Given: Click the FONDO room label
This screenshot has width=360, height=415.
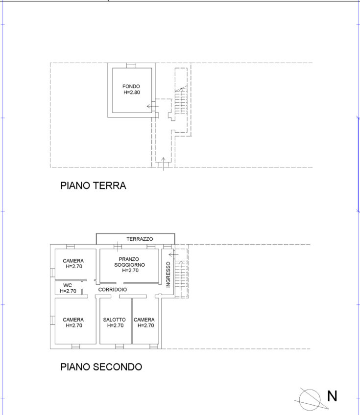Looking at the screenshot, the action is coord(131,86).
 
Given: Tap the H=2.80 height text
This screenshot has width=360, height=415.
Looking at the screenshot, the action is coord(132,92).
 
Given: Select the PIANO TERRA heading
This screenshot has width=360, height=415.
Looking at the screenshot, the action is coord(93,185).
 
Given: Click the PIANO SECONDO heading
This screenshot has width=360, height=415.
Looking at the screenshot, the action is coord(101,367).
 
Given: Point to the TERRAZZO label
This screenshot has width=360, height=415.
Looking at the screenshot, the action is coord(140,239).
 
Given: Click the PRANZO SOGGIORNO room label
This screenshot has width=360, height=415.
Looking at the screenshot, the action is coord(129,262).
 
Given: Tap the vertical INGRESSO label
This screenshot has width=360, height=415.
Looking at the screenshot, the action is coord(168,275).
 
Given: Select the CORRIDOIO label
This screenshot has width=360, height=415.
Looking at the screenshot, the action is coord(113,290).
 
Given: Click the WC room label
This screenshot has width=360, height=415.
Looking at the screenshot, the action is coord(68,285).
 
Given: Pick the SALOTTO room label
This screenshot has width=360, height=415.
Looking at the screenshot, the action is coord(115,320).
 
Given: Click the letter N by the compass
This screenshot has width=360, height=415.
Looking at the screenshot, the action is coord(332,396).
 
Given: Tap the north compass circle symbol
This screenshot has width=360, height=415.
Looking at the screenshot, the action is coord(310,400).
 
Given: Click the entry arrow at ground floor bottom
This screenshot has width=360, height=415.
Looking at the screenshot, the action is coord(164,164).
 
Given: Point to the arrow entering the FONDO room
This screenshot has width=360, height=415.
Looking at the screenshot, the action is coord(153,106).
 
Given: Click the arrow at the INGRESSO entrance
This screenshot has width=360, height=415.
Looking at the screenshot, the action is coord(173,254).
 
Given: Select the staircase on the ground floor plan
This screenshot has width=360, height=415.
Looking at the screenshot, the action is coord(181,101).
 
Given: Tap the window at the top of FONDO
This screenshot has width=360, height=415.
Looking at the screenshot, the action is coord(131,66).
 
